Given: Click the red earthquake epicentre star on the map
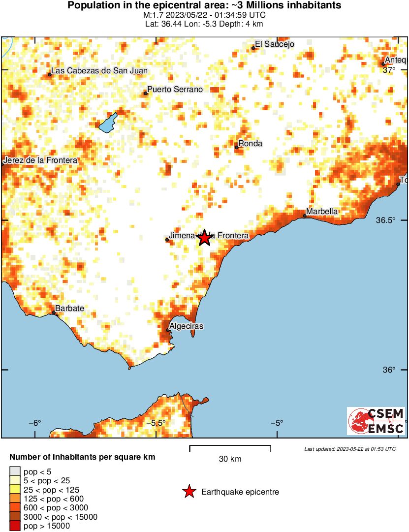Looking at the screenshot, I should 205,238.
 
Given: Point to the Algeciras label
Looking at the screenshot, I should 186,326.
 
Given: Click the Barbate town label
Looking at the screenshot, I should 69,309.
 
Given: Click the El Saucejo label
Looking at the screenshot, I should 274,44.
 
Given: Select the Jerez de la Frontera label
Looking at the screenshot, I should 40,160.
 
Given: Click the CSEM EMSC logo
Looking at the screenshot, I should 377,421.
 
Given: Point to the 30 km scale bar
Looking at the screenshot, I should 230,447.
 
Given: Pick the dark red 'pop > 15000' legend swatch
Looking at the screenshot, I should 15,526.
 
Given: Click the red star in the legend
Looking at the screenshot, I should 189,492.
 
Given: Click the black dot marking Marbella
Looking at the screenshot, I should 305,216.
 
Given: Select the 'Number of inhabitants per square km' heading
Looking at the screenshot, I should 82,457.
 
